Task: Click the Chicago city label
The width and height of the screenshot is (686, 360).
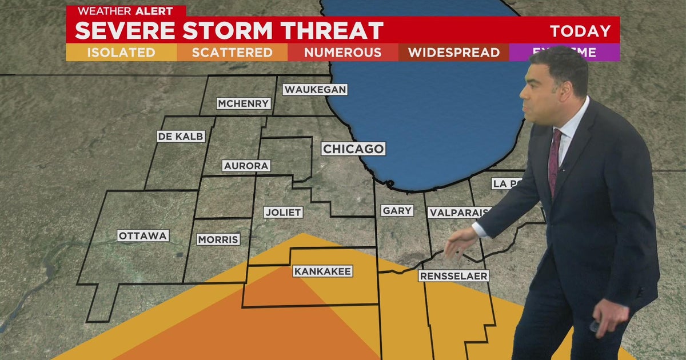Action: (353, 149)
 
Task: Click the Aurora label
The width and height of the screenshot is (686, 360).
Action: (246, 166)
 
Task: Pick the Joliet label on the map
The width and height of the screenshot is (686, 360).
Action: (283, 212)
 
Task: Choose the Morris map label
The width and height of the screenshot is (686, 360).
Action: (218, 239)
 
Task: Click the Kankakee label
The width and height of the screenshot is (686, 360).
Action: (322, 271)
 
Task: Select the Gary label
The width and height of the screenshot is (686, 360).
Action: (397, 211)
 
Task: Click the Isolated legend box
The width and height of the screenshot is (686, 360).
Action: (121, 53)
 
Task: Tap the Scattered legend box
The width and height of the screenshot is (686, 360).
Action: (232, 53)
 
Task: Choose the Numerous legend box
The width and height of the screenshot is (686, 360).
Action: (342, 53)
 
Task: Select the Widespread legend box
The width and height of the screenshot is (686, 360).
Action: (454, 53)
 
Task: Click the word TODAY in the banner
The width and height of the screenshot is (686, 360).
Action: (580, 31)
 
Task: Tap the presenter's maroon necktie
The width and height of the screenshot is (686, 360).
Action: (554, 159)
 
